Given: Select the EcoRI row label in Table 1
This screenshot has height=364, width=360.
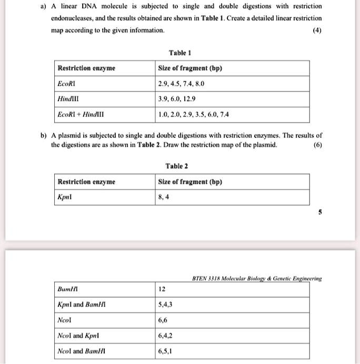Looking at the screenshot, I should pyautogui.click(x=66, y=84).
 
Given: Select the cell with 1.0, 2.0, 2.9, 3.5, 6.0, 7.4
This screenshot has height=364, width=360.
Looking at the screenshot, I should pyautogui.click(x=194, y=114).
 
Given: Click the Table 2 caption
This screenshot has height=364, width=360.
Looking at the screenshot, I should pyautogui.click(x=177, y=166).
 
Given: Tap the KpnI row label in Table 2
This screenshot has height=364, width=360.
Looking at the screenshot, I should pyautogui.click(x=64, y=197).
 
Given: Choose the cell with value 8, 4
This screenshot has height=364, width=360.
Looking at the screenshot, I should pyautogui.click(x=163, y=197).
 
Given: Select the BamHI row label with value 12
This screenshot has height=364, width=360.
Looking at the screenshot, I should pyautogui.click(x=68, y=289).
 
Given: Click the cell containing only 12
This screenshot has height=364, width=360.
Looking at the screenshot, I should pyautogui.click(x=162, y=289).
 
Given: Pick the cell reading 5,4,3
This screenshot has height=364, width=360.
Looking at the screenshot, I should pyautogui.click(x=165, y=304).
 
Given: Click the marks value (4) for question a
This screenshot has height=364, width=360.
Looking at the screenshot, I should pyautogui.click(x=317, y=30).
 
